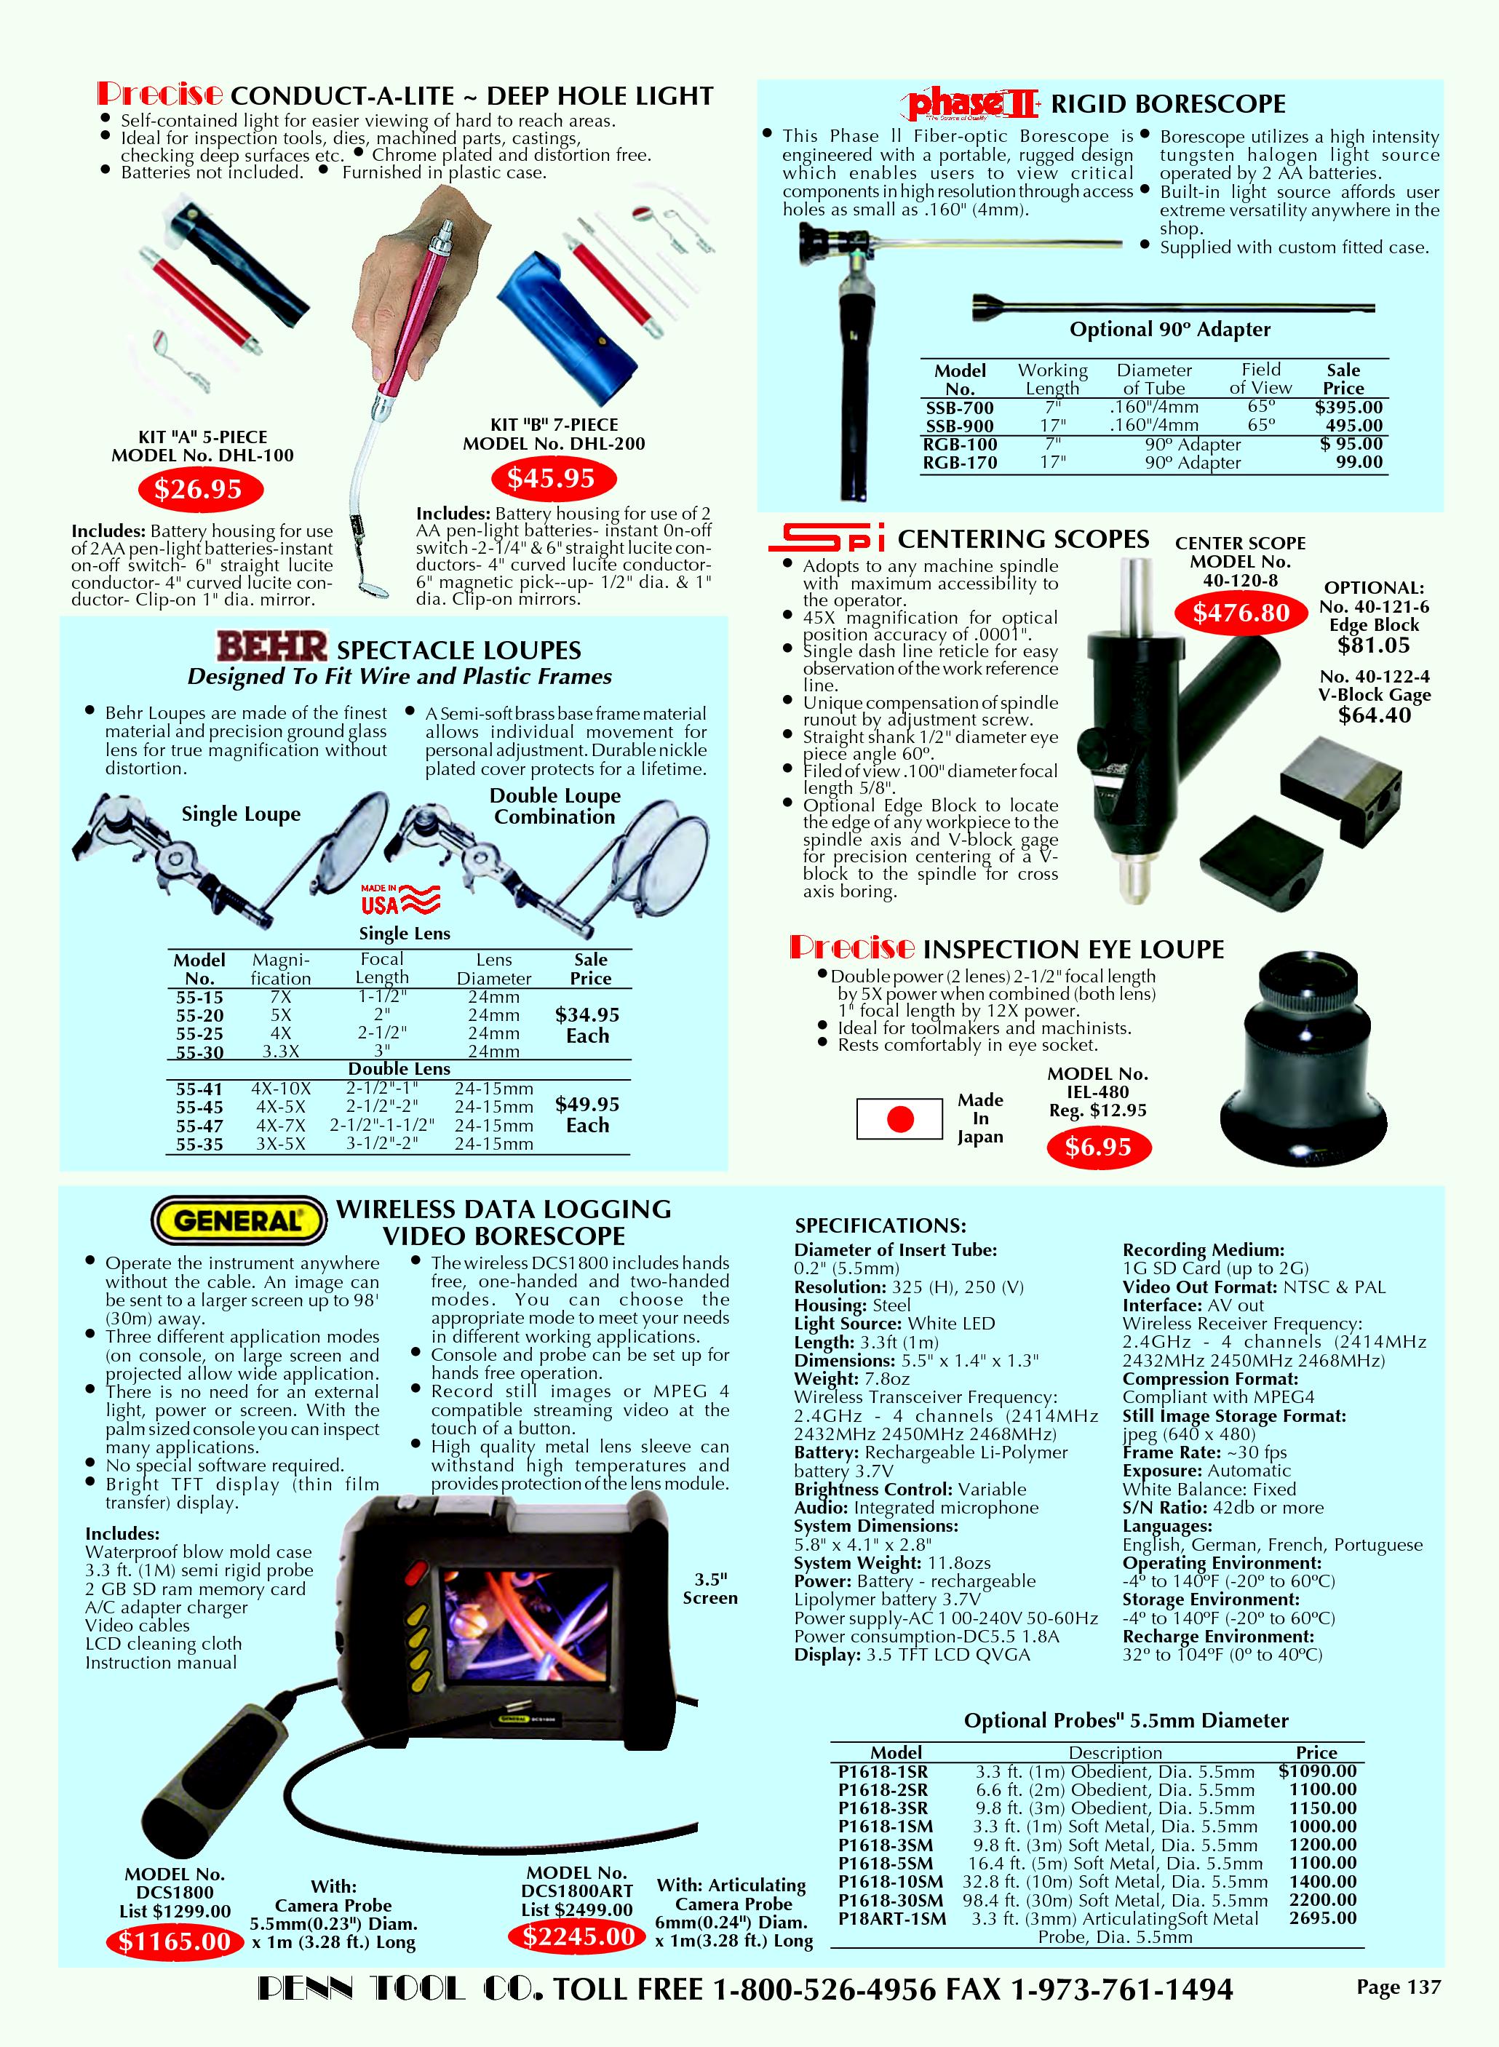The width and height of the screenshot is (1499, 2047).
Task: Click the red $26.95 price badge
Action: click(x=199, y=489)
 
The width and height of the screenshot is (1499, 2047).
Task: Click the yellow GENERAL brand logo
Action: click(x=238, y=1220)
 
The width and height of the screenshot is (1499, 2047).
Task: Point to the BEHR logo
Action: click(x=272, y=648)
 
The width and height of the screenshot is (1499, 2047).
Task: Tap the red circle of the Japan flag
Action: click(x=900, y=1118)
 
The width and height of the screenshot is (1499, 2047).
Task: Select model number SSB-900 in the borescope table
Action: click(x=960, y=426)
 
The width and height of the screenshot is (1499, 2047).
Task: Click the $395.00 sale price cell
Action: click(x=1348, y=408)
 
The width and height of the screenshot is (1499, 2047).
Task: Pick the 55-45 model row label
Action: click(x=199, y=1107)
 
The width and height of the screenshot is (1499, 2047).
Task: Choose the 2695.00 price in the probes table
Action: click(x=1322, y=1918)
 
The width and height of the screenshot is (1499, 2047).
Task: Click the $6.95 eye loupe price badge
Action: click(x=1098, y=1147)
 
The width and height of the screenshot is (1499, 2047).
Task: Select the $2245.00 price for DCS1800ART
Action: click(x=577, y=1937)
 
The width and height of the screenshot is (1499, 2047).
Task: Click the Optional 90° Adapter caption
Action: click(x=1169, y=330)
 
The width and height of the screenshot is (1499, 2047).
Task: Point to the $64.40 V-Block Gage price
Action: click(x=1374, y=715)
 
